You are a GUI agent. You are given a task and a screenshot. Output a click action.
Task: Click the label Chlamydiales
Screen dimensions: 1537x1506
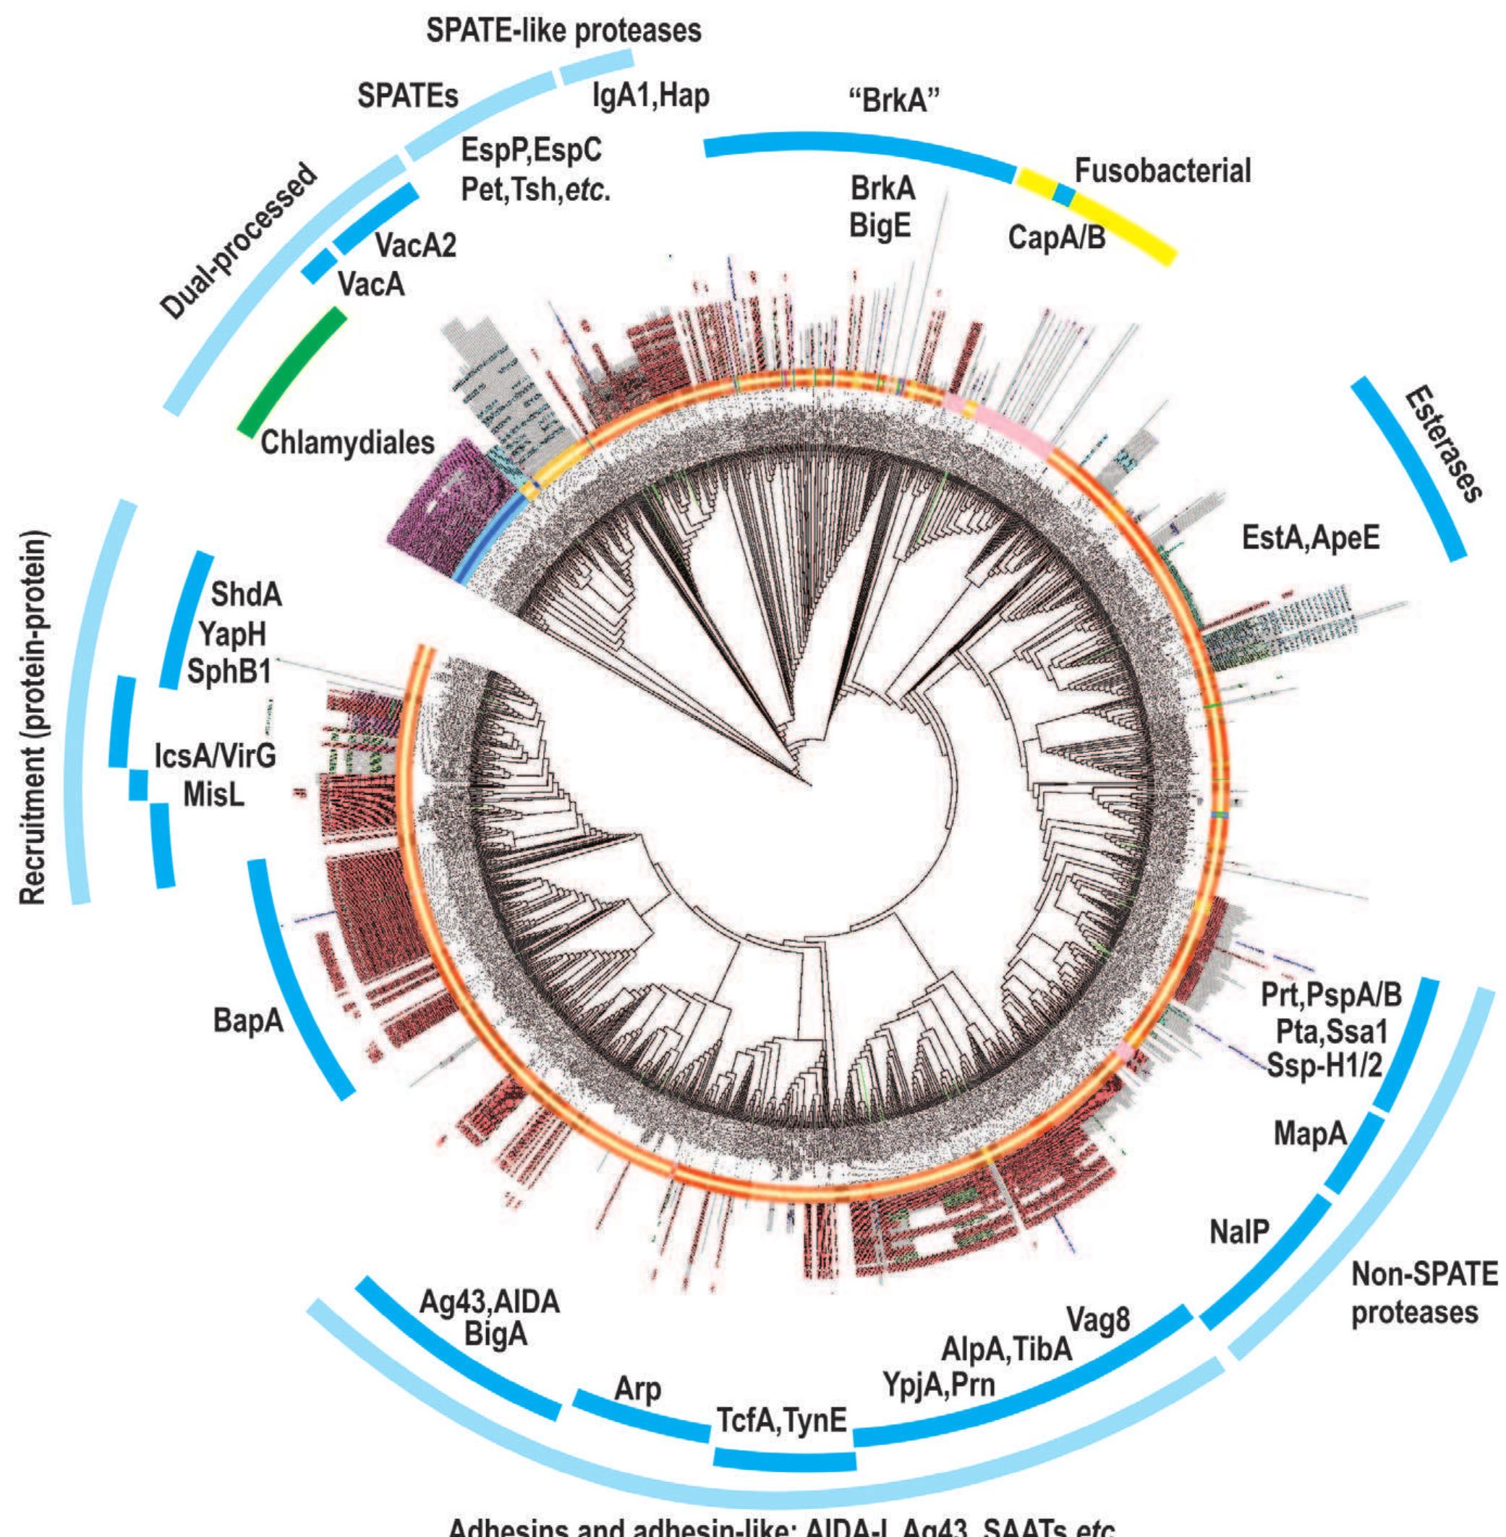347,442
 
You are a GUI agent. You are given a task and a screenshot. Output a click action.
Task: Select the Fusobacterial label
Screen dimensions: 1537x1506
1162,171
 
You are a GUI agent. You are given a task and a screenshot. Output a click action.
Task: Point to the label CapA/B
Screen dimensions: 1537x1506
1057,236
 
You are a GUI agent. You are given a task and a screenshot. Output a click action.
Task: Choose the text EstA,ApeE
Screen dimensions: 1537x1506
1311,538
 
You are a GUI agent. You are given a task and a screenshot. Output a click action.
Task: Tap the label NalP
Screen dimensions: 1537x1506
1238,1231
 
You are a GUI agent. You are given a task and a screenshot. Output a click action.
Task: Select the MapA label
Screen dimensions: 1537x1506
1309,1134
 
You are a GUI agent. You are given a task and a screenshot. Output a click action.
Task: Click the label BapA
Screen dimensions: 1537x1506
247,1021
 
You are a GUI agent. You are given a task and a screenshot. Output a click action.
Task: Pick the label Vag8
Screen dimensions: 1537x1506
1099,1319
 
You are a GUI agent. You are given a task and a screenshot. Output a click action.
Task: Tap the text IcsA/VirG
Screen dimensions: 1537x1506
215,756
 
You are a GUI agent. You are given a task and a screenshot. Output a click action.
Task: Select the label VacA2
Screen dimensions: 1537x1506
415,246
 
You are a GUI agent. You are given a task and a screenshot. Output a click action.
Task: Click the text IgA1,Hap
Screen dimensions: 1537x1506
650,95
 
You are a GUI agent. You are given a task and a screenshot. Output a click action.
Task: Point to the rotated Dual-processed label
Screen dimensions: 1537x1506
238,242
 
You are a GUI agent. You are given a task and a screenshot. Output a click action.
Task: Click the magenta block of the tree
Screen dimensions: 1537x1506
443,506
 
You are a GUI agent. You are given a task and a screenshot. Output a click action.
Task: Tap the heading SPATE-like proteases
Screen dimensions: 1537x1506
563,30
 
